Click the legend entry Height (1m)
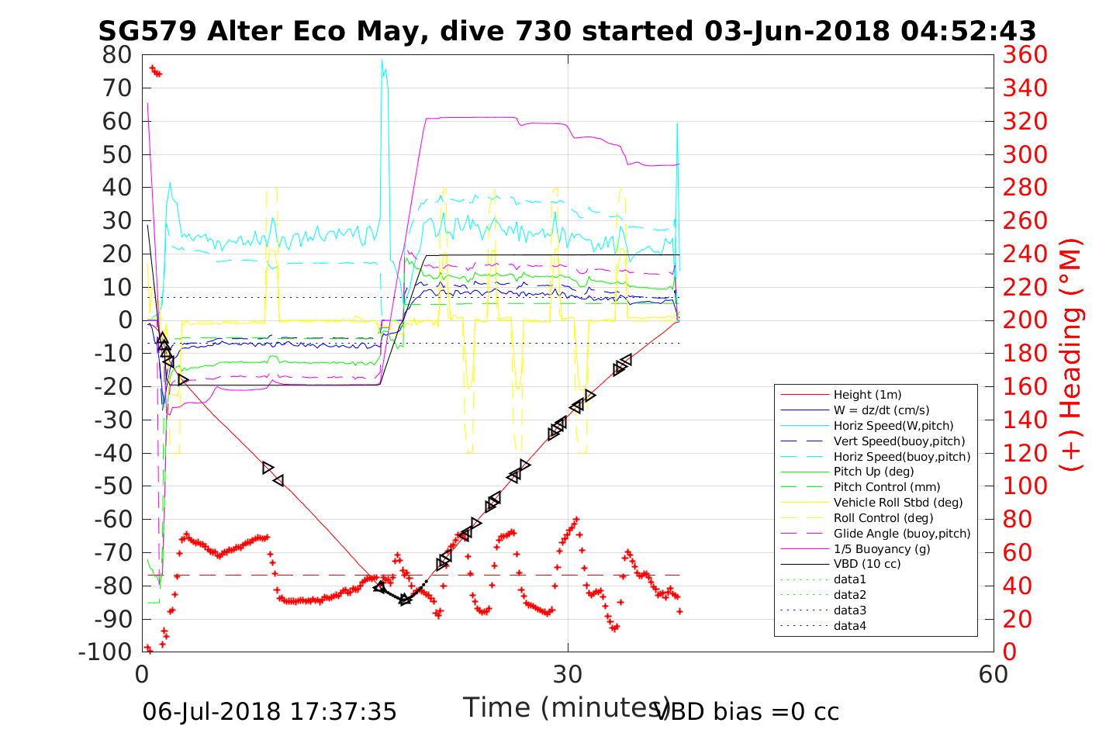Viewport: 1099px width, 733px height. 867,395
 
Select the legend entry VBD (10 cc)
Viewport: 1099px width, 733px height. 867,564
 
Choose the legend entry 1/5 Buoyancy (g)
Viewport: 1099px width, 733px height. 882,548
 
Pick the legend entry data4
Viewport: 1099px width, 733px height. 849,625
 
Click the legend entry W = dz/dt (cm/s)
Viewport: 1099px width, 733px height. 881,410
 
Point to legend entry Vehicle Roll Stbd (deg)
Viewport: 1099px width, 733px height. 897,503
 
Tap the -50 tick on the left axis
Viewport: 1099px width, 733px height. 112,486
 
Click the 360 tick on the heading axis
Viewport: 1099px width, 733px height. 1025,55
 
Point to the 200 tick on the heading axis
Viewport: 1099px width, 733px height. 1025,320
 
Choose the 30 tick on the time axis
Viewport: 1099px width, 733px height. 568,674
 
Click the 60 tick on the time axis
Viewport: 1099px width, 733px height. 993,674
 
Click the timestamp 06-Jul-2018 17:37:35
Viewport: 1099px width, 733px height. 269,711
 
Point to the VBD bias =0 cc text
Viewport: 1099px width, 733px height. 748,711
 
